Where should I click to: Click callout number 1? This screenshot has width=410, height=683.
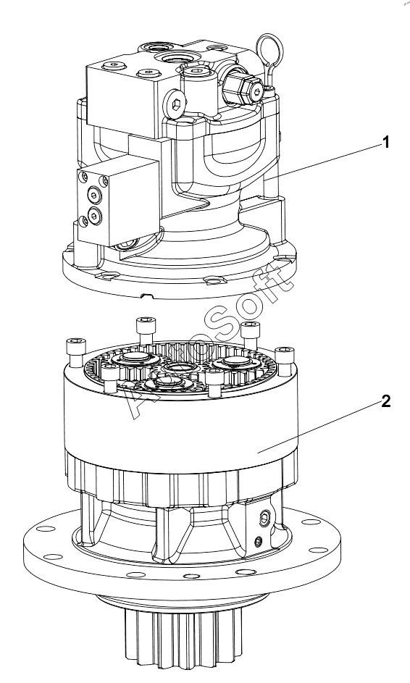tap(385, 143)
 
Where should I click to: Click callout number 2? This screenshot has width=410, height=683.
tap(385, 401)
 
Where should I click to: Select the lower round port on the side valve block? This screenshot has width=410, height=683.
tap(94, 214)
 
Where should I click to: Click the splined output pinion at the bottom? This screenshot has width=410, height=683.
tap(183, 640)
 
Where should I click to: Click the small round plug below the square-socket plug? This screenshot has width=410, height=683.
tap(258, 542)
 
